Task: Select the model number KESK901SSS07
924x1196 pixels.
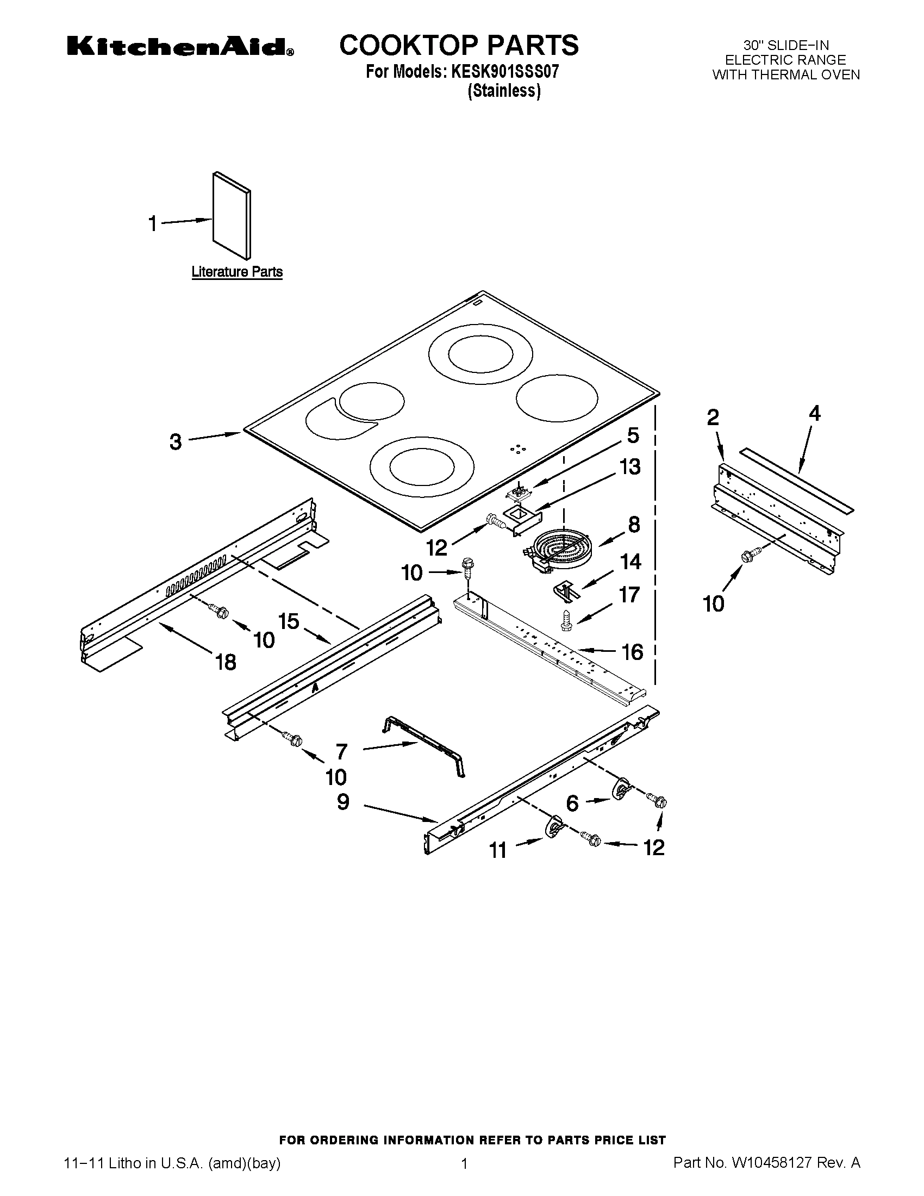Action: tap(505, 72)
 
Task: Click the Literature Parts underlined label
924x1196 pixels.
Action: tap(236, 272)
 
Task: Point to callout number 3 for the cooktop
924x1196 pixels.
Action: tap(175, 441)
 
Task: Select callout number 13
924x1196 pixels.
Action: tap(630, 467)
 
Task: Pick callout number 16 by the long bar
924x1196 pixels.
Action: tap(632, 652)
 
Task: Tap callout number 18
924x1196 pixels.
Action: tap(226, 662)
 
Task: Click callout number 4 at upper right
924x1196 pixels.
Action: tap(815, 414)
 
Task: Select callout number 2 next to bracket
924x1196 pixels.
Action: tap(713, 418)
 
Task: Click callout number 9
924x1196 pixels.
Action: tap(342, 802)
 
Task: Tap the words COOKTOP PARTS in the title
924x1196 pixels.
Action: tap(459, 46)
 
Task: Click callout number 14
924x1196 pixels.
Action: tap(630, 562)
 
